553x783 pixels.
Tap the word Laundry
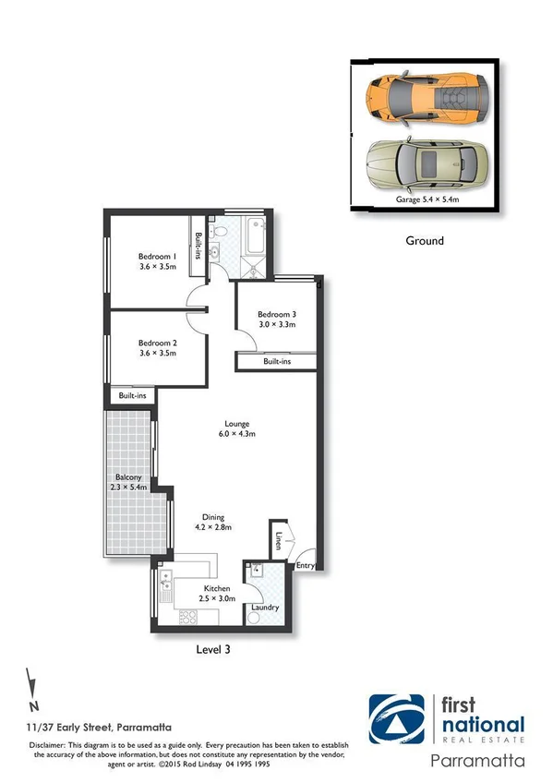pyautogui.click(x=266, y=607)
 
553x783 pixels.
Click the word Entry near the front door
pyautogui.click(x=305, y=565)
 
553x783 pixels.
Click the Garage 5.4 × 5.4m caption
pyautogui.click(x=427, y=199)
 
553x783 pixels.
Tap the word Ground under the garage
pyautogui.click(x=425, y=241)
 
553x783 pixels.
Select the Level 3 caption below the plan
pyautogui.click(x=213, y=649)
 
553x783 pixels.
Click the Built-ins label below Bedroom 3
pyautogui.click(x=276, y=362)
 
